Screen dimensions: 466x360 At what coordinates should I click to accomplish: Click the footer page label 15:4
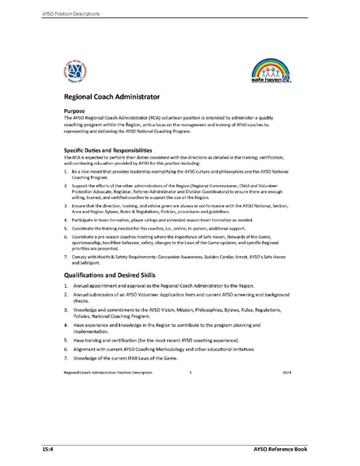click(x=48, y=450)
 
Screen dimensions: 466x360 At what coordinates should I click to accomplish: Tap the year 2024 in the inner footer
click(x=286, y=373)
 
